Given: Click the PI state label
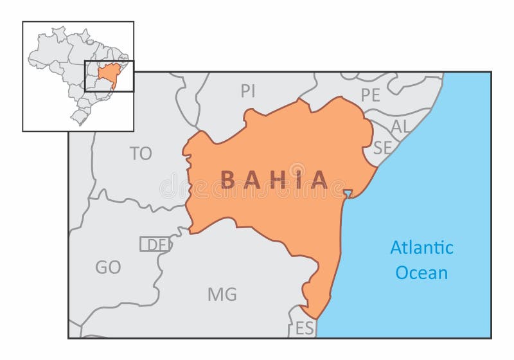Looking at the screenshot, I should pos(248,91).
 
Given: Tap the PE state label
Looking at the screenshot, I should pos(370,95).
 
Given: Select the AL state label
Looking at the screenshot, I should pos(400,127).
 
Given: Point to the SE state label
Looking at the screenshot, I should pos(382,147).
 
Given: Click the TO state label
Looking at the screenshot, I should pos(141,154).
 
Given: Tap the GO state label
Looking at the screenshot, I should pos(108,267).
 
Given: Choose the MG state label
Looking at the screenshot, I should pos(222,295).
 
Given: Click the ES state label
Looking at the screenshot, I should pos(305,328).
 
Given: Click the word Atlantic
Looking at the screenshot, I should pos(421,248).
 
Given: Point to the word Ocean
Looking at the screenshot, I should pos(421,273).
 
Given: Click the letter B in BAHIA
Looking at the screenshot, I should pos(228,179).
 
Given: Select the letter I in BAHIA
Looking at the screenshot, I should pos(297,179).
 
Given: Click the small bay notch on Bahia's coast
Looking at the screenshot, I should pos(347,194).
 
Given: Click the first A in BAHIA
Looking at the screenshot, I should pos(251,179).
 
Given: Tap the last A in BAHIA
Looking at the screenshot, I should pos(319,179).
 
